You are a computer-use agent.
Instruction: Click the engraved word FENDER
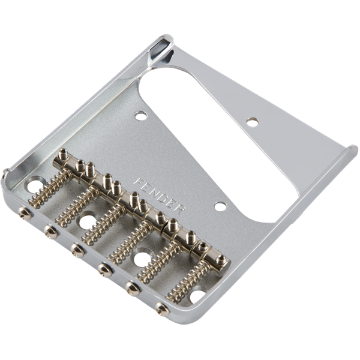tap(160, 196)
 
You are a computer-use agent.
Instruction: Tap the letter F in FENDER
tap(138, 182)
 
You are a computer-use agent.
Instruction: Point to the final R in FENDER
tap(179, 209)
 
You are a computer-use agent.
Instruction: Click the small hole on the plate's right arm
tap(253, 122)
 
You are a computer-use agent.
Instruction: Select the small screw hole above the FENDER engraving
tap(141, 115)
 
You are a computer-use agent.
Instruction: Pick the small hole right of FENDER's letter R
tap(220, 206)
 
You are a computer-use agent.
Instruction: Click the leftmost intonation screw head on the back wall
tap(25, 212)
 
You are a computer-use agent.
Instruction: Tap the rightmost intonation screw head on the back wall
tap(163, 309)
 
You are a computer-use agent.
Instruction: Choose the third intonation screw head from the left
tap(77, 250)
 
